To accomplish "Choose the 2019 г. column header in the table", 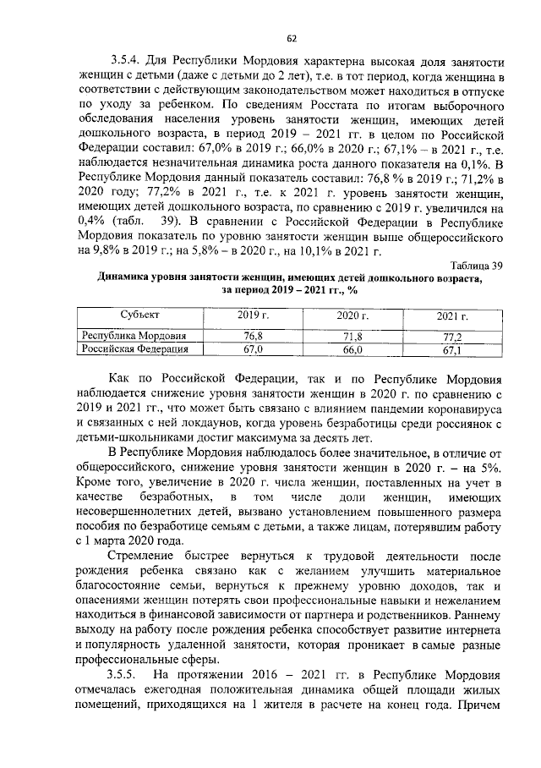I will pos(248,315).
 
